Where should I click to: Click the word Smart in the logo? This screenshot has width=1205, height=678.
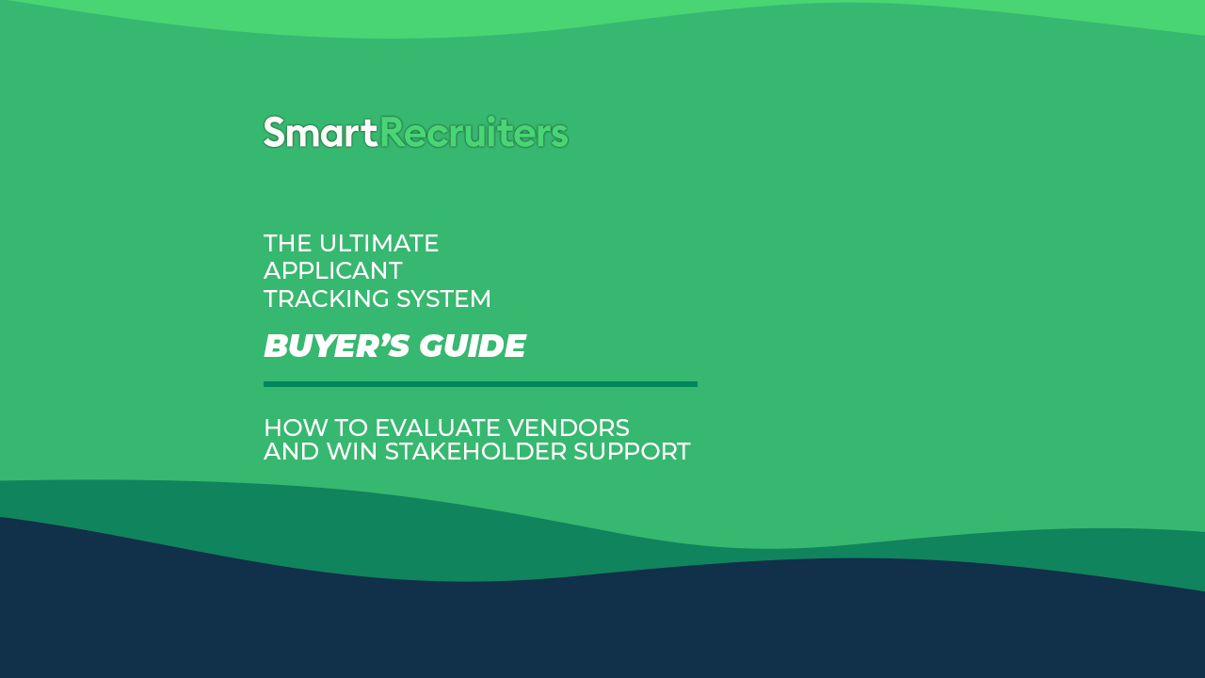coord(321,133)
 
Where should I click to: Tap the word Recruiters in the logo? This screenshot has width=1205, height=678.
coord(474,133)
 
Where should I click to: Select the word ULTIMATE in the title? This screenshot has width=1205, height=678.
coord(378,243)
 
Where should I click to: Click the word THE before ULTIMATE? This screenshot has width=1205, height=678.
coord(288,243)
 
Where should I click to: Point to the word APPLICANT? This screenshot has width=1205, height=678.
coord(333,270)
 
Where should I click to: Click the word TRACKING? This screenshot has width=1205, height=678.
coord(326,299)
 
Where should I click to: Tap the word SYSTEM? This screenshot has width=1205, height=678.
coord(443,299)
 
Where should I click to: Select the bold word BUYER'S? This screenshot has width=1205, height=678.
coord(337,346)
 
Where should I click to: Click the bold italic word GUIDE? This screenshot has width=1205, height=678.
coord(473,346)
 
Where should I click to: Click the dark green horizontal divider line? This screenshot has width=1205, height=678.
coord(480,384)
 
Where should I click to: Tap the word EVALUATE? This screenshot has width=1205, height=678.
coord(438,428)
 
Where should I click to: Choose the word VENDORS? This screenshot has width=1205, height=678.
coord(569,428)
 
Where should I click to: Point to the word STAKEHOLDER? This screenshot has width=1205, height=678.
coord(475,451)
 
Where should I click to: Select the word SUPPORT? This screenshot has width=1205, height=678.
coord(632,451)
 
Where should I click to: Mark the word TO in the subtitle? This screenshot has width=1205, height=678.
coord(351,428)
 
